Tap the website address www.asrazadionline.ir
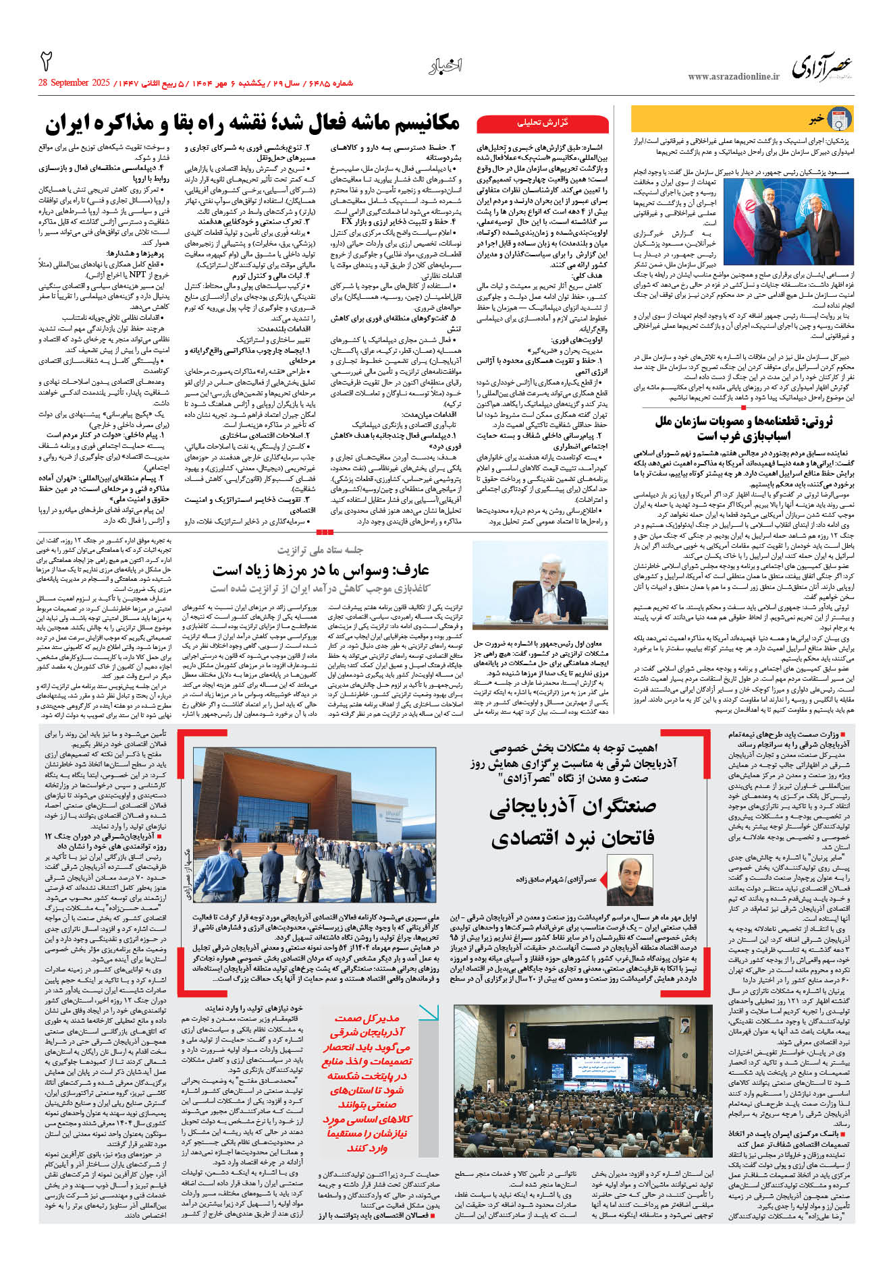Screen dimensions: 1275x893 coord(733,77)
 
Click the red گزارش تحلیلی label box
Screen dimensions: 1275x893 coord(543,123)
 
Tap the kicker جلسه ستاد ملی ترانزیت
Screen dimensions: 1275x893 coord(320,550)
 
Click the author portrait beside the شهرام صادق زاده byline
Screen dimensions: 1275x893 coord(629,880)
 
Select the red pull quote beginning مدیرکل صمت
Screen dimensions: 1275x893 coord(368,1087)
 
